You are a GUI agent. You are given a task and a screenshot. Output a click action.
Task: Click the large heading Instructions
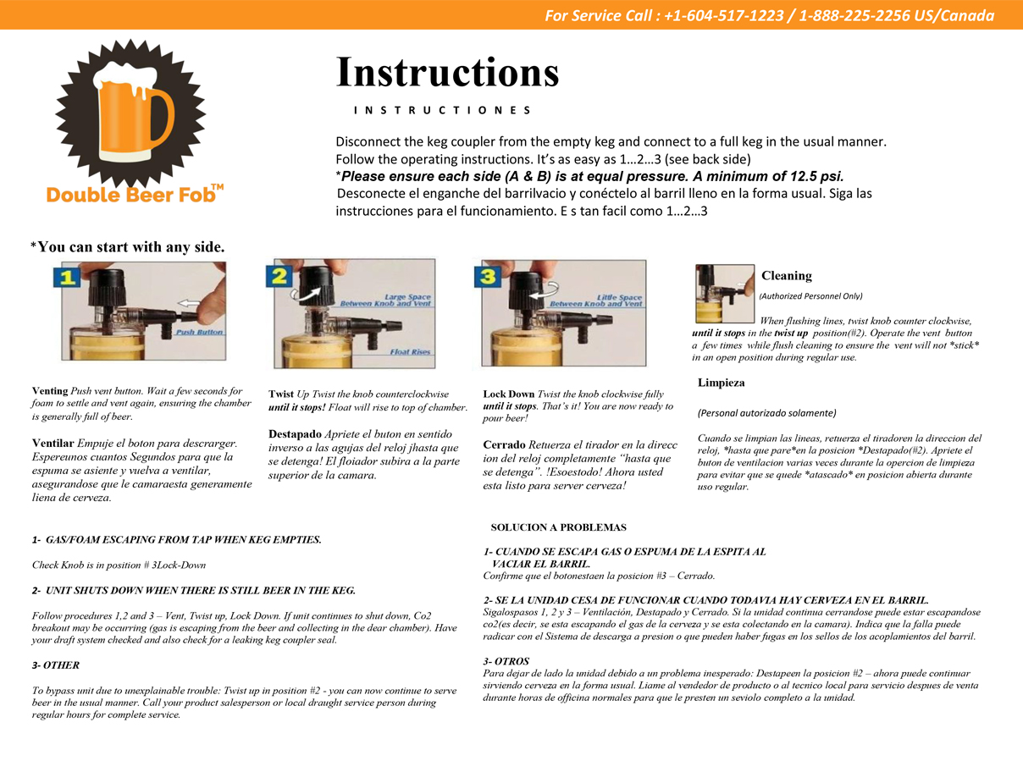tap(447, 72)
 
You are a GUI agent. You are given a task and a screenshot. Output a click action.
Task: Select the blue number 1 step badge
tap(70, 277)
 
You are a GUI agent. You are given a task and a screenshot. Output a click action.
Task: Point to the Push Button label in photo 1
tap(199, 332)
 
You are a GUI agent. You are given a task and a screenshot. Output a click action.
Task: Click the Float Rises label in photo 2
tap(410, 351)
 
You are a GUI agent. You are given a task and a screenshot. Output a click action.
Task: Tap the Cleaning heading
tap(786, 276)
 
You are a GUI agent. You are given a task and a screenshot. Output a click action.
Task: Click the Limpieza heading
tap(721, 383)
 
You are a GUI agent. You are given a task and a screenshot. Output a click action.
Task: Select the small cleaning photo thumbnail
tap(724, 294)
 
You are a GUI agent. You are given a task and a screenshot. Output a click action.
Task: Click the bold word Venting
tap(50, 391)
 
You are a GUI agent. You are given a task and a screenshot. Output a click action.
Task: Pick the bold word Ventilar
tap(53, 443)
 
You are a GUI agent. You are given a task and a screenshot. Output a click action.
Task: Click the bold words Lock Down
tap(509, 394)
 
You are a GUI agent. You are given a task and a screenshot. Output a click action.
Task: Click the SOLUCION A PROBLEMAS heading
tap(558, 527)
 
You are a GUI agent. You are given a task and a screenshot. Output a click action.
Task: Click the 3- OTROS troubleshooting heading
tap(506, 661)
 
